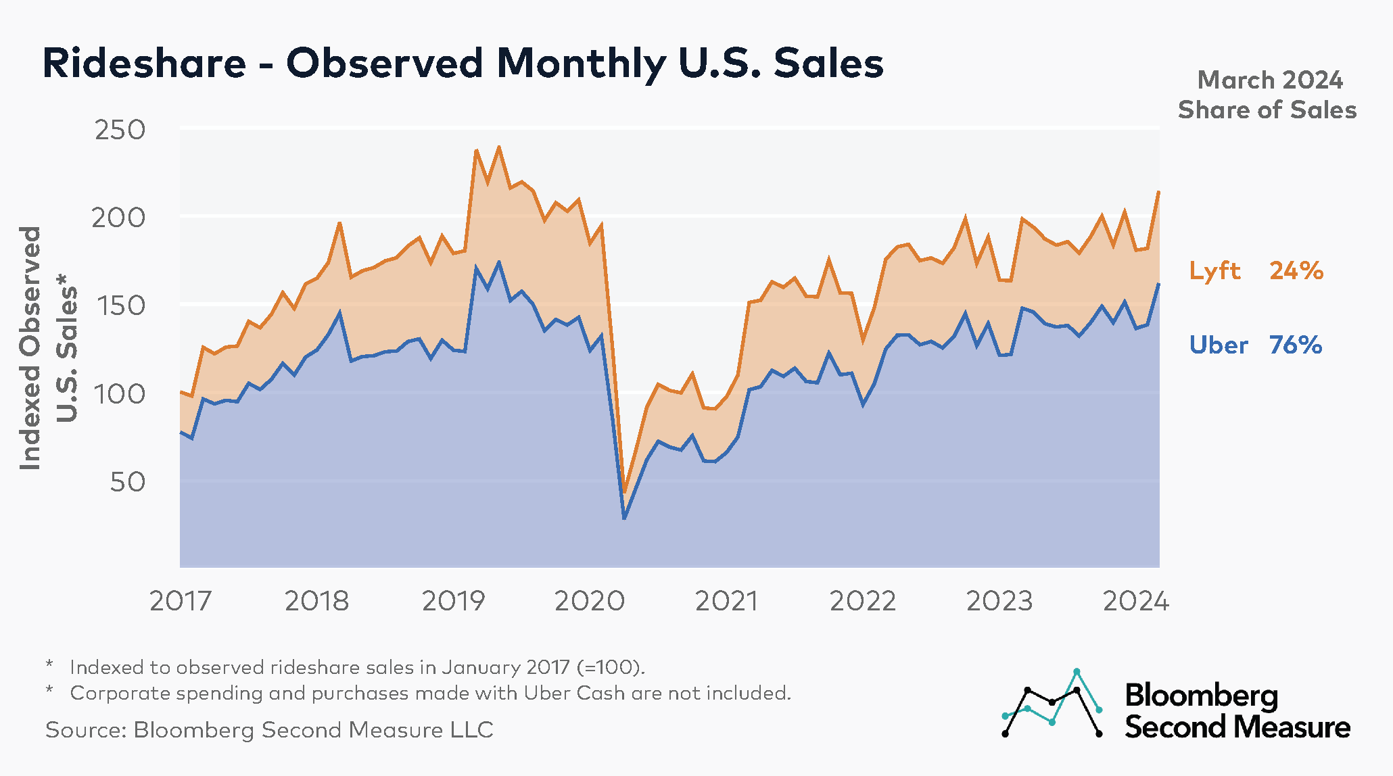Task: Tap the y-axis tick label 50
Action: [x=127, y=482]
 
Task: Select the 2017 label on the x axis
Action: [x=180, y=601]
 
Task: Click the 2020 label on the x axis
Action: [x=590, y=601]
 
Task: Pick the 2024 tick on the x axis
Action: [x=1135, y=601]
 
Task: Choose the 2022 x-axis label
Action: [x=862, y=601]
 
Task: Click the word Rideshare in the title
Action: [x=144, y=64]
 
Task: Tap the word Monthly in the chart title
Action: [x=581, y=64]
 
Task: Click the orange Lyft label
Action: [x=1214, y=271]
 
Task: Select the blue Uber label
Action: [x=1219, y=345]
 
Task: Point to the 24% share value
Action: [x=1296, y=271]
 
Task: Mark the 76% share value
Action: [x=1295, y=345]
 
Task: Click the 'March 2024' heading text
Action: [x=1269, y=80]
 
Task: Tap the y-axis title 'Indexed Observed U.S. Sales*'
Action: [x=47, y=348]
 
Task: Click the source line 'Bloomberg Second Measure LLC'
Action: [x=269, y=730]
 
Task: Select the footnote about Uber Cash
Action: [x=430, y=694]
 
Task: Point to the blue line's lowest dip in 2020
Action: [x=624, y=518]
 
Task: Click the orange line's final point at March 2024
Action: [x=1159, y=192]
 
